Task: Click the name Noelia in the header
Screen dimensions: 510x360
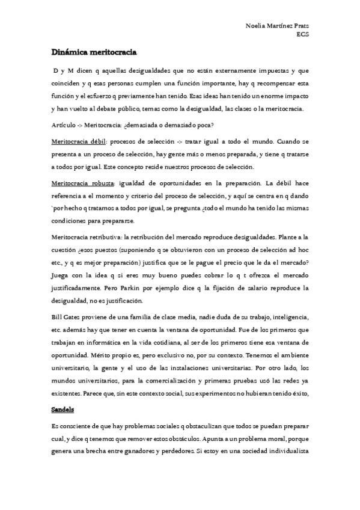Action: coord(255,26)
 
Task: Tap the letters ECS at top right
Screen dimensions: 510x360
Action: coord(304,34)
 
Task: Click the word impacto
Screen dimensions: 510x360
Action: coord(296,95)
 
